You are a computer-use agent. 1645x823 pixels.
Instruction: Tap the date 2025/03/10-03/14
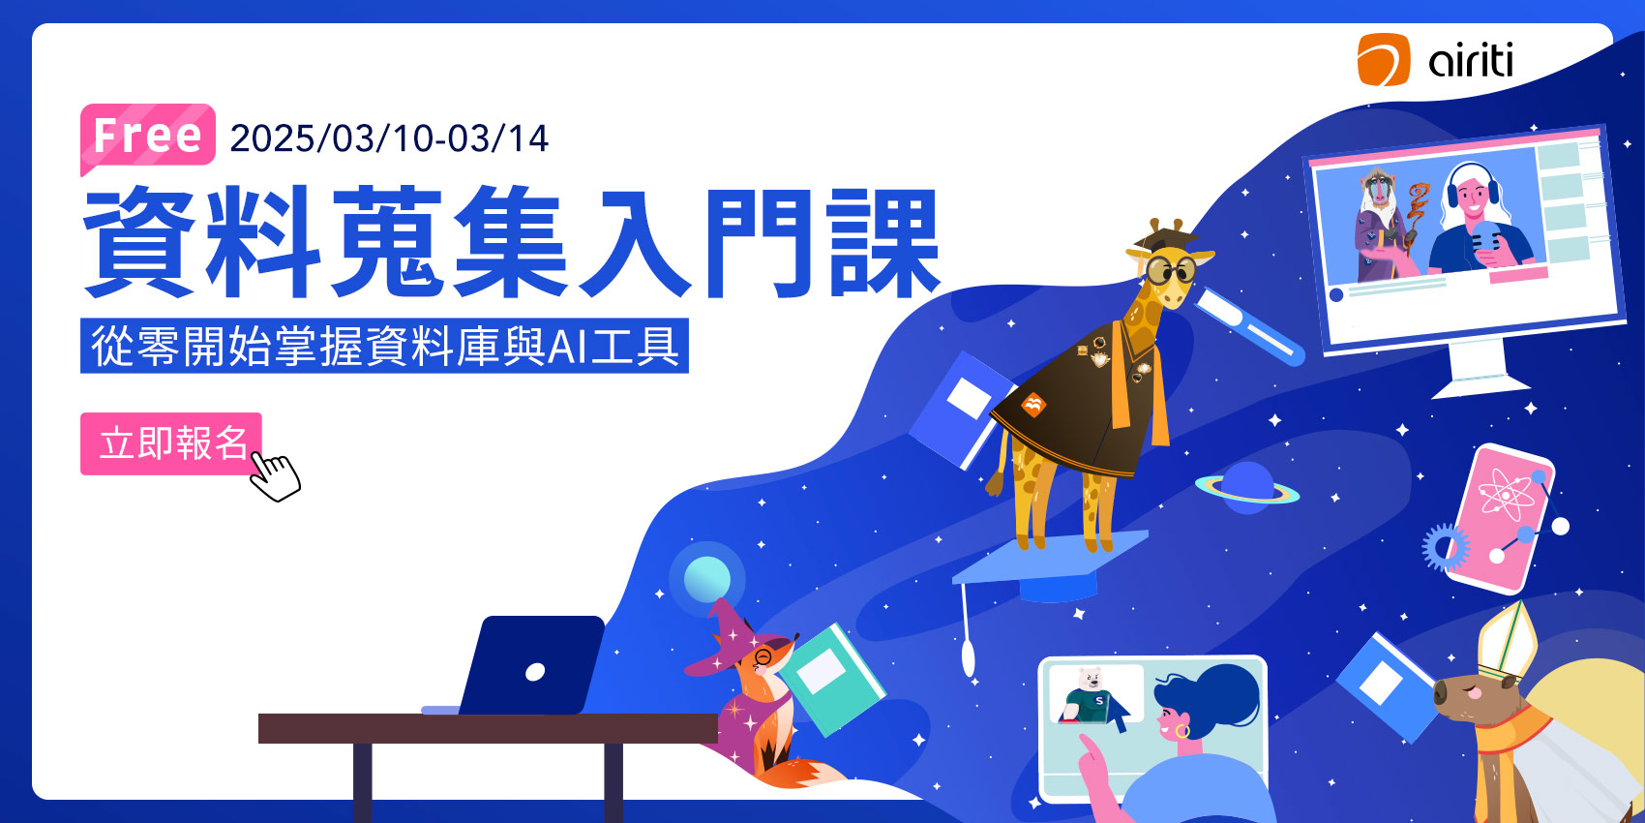[389, 138]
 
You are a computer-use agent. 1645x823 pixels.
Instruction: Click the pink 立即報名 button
[171, 443]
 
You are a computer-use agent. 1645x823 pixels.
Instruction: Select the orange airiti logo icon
[1383, 59]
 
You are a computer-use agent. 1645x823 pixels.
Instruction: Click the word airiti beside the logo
[1471, 60]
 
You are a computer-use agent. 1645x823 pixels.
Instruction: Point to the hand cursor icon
[275, 476]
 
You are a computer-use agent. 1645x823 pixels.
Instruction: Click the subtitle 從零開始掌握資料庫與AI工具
[384, 346]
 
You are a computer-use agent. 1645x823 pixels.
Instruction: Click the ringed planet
[1247, 488]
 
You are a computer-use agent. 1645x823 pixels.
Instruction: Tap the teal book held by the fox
[832, 680]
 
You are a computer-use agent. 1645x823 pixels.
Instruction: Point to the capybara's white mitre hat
[1507, 641]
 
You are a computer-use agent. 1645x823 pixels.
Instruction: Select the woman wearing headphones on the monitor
[1477, 221]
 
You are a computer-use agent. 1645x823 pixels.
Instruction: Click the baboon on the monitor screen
[1381, 225]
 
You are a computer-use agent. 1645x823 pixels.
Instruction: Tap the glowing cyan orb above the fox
[706, 579]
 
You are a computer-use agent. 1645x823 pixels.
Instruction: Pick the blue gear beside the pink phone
[1446, 547]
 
